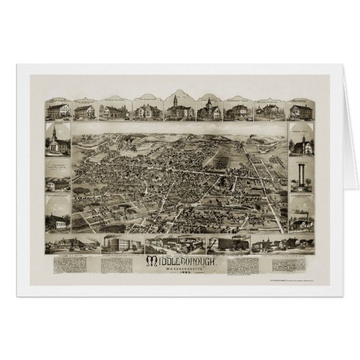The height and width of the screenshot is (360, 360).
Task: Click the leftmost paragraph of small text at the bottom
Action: tap(65, 264)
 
